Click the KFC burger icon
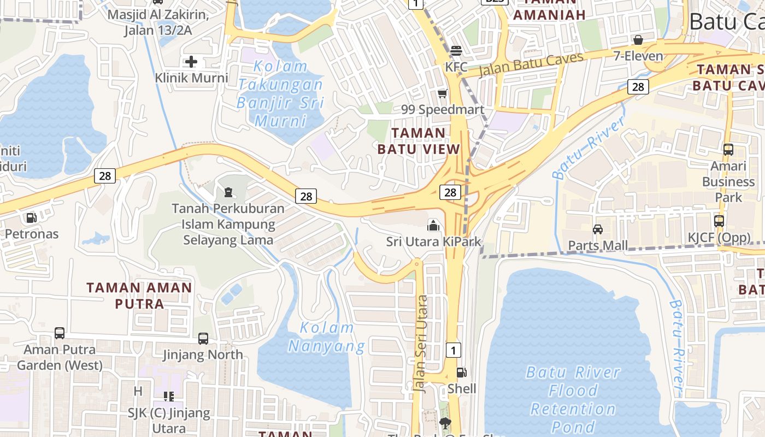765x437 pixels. tap(456, 51)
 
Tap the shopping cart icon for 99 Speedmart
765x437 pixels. tap(442, 94)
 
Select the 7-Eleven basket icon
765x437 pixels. tap(638, 40)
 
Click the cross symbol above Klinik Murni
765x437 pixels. tap(191, 62)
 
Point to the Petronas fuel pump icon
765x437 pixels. tap(31, 218)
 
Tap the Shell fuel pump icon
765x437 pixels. tap(462, 373)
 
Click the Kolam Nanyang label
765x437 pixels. tap(327, 336)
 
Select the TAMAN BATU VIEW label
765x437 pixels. tap(419, 141)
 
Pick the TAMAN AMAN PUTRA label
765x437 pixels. tap(139, 296)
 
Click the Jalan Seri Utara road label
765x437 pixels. tap(421, 343)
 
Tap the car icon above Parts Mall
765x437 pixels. tap(598, 229)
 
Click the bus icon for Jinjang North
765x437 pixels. tap(203, 339)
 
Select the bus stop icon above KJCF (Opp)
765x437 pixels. tap(719, 221)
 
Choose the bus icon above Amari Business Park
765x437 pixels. tap(728, 150)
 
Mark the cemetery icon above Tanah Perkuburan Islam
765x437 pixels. tap(228, 192)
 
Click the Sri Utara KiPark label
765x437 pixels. tap(434, 241)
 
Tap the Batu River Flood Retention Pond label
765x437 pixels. tap(573, 399)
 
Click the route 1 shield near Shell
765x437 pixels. tap(453, 350)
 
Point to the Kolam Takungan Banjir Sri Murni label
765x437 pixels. tap(281, 93)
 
